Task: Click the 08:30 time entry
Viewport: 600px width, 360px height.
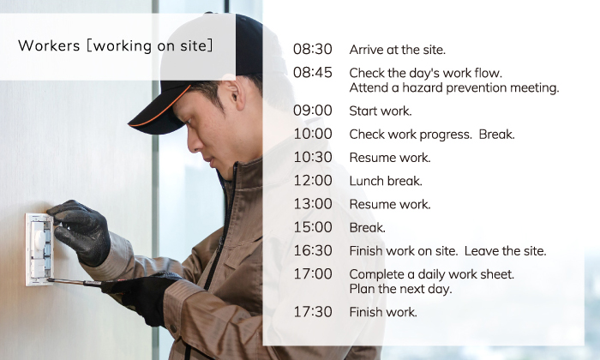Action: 313,50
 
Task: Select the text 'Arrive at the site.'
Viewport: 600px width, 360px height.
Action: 397,50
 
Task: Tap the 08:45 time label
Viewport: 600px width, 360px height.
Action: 313,73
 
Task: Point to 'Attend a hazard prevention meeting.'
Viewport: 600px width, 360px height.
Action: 454,88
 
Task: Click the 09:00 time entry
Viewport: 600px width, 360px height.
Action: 313,111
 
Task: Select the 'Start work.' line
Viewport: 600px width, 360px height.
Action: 381,111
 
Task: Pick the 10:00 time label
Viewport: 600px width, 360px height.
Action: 313,134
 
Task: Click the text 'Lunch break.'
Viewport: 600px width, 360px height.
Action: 386,181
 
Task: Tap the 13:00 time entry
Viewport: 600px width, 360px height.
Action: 313,204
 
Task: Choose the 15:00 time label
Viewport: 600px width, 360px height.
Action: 313,227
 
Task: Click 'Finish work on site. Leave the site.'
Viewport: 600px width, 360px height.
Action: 447,251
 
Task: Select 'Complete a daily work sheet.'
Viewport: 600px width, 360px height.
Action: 432,274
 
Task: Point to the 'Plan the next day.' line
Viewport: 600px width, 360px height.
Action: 400,289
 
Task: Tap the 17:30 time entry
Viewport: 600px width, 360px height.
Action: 313,312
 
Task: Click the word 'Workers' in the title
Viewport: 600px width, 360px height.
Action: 49,45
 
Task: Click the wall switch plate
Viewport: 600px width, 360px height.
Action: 39,249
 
